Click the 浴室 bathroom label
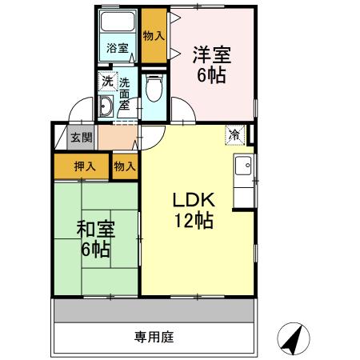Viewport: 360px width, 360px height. tap(118, 48)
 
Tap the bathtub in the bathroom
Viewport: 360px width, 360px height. tap(118, 24)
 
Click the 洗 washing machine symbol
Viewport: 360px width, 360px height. tap(107, 81)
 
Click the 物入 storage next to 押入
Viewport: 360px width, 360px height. tap(124, 166)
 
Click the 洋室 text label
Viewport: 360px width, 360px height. tap(212, 56)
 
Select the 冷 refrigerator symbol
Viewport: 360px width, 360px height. tap(234, 134)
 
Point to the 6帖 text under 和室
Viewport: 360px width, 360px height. tap(95, 249)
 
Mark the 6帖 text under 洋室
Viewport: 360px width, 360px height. tap(212, 76)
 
